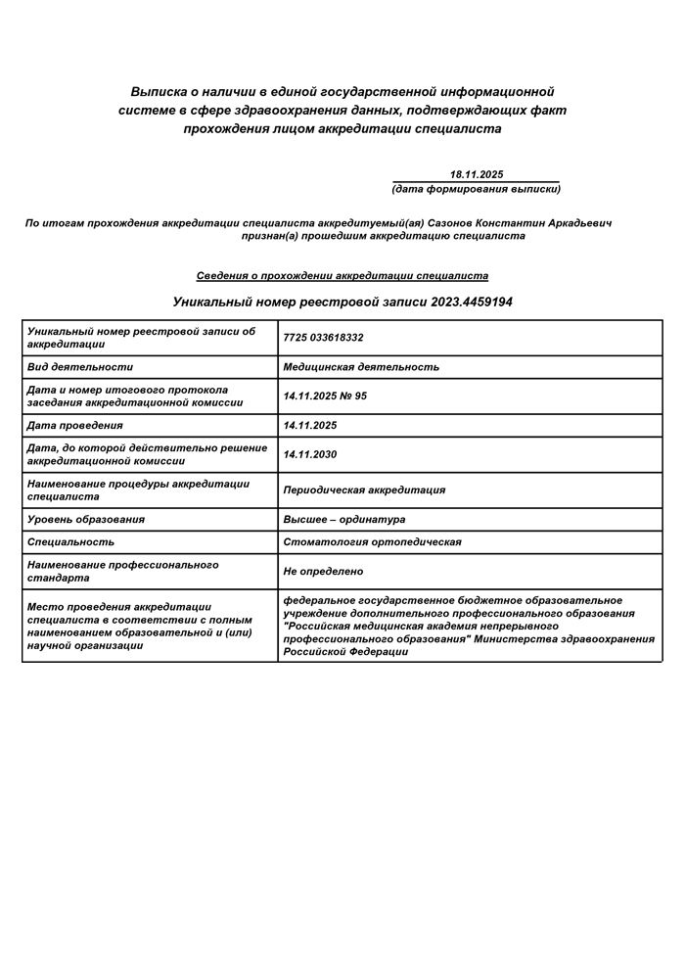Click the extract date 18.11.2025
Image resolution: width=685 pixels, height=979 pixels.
[x=477, y=174]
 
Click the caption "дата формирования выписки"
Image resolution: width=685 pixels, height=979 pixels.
[x=477, y=189]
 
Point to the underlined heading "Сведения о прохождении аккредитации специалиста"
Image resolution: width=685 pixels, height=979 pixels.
[x=342, y=276]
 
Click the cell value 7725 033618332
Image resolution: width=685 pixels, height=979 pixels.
[x=323, y=338]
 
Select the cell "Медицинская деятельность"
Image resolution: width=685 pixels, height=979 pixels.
[x=361, y=367]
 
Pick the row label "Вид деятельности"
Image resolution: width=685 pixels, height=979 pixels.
[x=80, y=367]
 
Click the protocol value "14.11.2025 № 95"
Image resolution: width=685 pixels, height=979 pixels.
[x=325, y=396]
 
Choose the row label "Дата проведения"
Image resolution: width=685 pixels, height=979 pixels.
[x=75, y=426]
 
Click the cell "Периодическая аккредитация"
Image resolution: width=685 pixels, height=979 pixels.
[x=364, y=489]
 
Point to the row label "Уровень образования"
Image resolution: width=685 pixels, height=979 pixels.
[x=86, y=520]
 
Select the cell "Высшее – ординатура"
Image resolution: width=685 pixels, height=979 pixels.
[x=343, y=520]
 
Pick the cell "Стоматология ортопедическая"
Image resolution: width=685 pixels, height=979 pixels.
[x=372, y=541]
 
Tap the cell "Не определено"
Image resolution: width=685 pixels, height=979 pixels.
[x=323, y=571]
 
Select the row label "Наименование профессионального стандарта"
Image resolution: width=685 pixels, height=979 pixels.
[x=123, y=572]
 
